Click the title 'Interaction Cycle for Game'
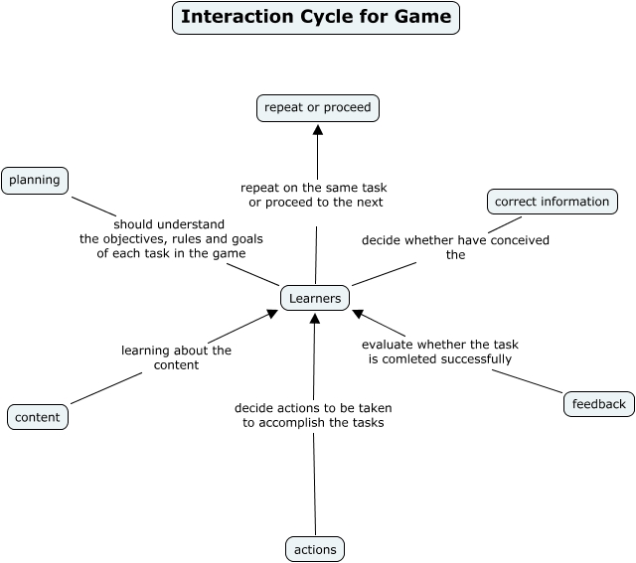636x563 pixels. (316, 17)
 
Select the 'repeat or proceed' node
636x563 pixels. (317, 107)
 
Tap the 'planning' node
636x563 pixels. (35, 180)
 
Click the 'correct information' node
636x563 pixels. (552, 202)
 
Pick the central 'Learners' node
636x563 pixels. (315, 298)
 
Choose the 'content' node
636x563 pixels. (38, 417)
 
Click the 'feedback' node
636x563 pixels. (598, 404)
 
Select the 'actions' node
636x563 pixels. (316, 549)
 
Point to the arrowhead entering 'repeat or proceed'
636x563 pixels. (318, 129)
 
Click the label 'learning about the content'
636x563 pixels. (176, 357)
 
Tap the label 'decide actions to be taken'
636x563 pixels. (313, 408)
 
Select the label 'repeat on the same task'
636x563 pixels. (314, 187)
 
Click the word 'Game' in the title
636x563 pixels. (423, 17)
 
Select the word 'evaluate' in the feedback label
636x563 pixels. (387, 345)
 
